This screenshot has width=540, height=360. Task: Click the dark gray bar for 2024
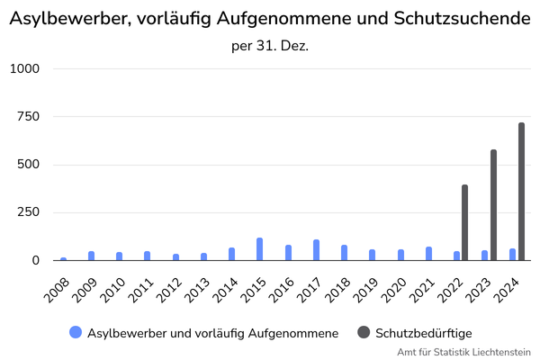tap(521, 192)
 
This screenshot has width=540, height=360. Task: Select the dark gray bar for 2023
tap(493, 205)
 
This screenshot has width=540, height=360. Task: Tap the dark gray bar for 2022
tap(464, 222)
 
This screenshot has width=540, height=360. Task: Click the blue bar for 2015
tap(259, 249)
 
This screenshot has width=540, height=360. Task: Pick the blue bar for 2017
tap(316, 250)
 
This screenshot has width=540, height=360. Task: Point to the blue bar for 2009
tap(91, 256)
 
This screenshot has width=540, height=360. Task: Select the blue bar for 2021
tap(428, 254)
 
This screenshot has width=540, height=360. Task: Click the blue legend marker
tap(75, 332)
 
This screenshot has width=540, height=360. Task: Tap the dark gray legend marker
tap(364, 332)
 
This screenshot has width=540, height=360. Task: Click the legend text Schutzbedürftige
tap(424, 333)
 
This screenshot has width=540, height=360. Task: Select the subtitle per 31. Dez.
tap(270, 45)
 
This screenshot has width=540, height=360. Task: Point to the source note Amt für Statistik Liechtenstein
tap(464, 352)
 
